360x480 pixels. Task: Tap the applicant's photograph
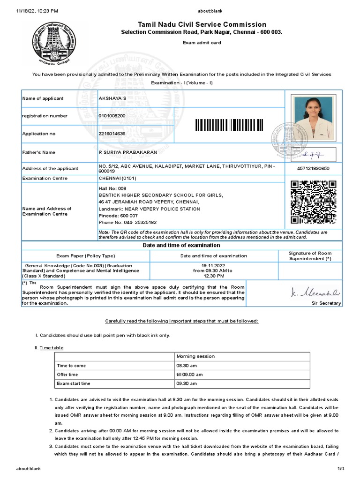tap(314, 117)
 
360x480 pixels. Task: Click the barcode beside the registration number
tap(229, 125)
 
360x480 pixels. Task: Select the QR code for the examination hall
tap(314, 202)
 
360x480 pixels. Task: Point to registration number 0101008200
tap(112, 116)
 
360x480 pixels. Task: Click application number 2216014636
tap(112, 134)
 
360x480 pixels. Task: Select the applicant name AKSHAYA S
tap(112, 98)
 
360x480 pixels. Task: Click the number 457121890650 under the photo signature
tap(314, 168)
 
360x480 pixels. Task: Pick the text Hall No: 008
tap(109, 188)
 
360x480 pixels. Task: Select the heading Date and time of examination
tap(181, 245)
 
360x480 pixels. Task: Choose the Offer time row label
tap(67, 375)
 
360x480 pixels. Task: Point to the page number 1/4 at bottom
tap(341, 469)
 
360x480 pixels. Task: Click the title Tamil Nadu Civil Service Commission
tap(202, 24)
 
